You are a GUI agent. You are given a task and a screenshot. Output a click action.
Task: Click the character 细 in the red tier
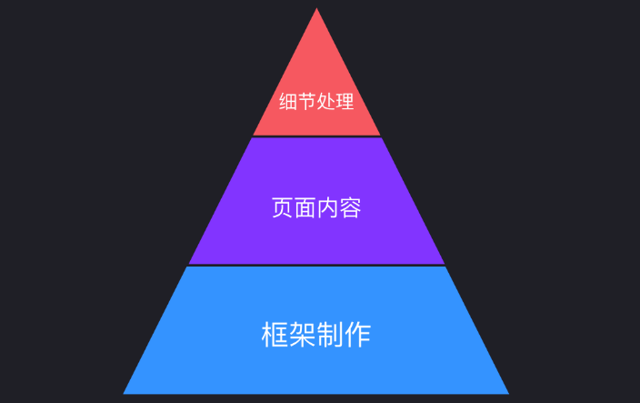[x=288, y=103]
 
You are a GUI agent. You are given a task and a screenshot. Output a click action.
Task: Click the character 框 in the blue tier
[x=275, y=334]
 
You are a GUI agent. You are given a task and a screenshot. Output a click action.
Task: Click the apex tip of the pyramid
[x=316, y=9]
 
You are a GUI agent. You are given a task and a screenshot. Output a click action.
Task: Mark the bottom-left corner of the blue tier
[x=125, y=393]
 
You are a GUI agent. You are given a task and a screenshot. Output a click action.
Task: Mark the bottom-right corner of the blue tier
[x=508, y=393]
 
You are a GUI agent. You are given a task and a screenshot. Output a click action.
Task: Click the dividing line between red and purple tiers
[x=316, y=136]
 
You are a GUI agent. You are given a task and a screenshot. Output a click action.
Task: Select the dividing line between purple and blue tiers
[x=316, y=266]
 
